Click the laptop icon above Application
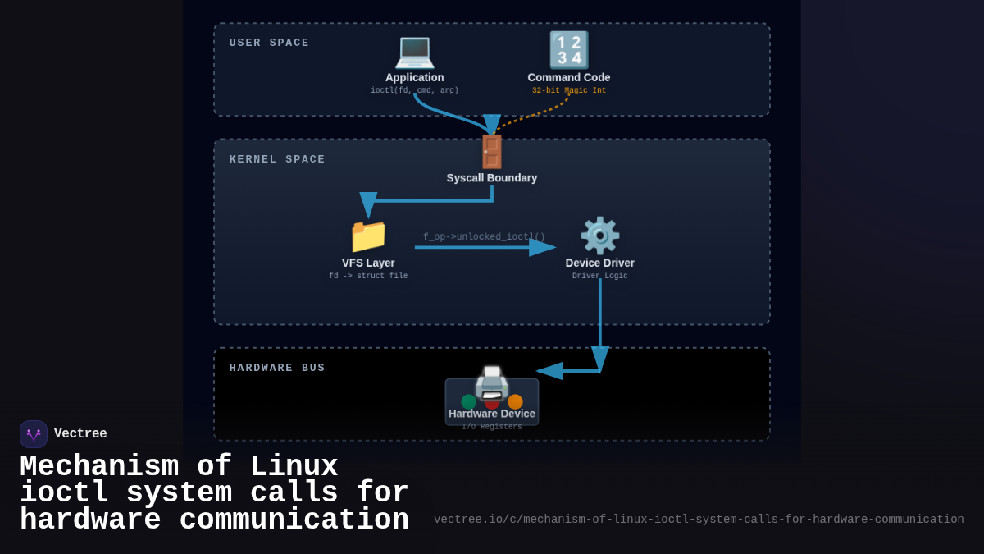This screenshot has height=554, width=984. [414, 51]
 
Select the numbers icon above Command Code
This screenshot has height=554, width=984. [568, 50]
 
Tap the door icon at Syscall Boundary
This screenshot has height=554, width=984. [491, 152]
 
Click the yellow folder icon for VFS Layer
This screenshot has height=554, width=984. [368, 236]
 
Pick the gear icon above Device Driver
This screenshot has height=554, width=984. [599, 236]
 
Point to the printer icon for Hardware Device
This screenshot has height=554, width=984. [491, 383]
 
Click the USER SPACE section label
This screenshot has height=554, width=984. [269, 43]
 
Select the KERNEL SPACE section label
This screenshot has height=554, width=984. [277, 159]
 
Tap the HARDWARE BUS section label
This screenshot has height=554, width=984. [277, 368]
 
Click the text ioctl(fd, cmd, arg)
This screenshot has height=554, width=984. [414, 91]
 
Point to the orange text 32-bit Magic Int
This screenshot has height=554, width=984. [568, 91]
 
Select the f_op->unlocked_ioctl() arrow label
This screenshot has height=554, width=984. [484, 236]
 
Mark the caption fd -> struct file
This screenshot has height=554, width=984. [368, 277]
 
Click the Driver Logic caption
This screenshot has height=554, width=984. [599, 277]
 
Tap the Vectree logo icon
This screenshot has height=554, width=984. [34, 434]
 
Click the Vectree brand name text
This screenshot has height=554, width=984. [80, 434]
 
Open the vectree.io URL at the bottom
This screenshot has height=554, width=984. [699, 520]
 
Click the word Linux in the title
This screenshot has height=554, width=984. [294, 467]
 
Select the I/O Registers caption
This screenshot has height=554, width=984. [491, 427]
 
